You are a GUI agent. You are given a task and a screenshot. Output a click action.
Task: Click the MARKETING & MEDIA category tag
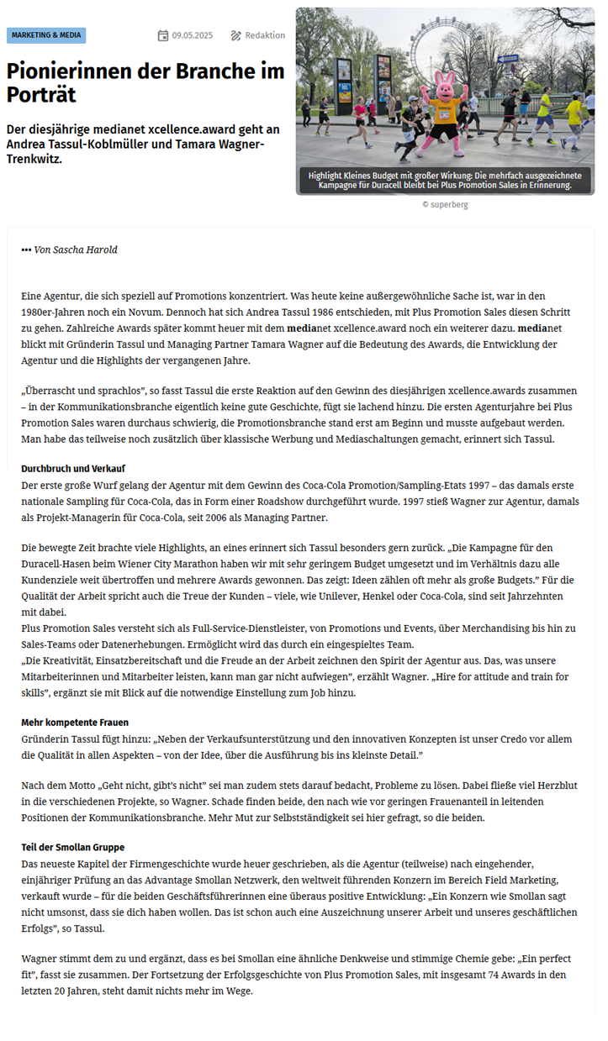(46, 35)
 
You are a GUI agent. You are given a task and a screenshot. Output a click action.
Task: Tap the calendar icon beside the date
(163, 35)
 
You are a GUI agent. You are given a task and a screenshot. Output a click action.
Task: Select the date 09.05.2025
(193, 35)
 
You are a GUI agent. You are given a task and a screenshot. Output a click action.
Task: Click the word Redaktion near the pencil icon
(265, 35)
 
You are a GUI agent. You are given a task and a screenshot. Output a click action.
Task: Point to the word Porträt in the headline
(41, 95)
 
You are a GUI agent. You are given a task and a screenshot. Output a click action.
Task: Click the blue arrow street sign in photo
(507, 59)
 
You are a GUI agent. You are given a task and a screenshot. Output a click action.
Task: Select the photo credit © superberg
(445, 204)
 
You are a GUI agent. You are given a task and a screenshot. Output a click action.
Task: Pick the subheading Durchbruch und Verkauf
(73, 468)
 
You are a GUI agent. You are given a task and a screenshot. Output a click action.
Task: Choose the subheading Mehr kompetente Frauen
(75, 723)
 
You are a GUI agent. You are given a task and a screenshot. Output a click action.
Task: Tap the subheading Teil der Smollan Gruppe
(73, 847)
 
